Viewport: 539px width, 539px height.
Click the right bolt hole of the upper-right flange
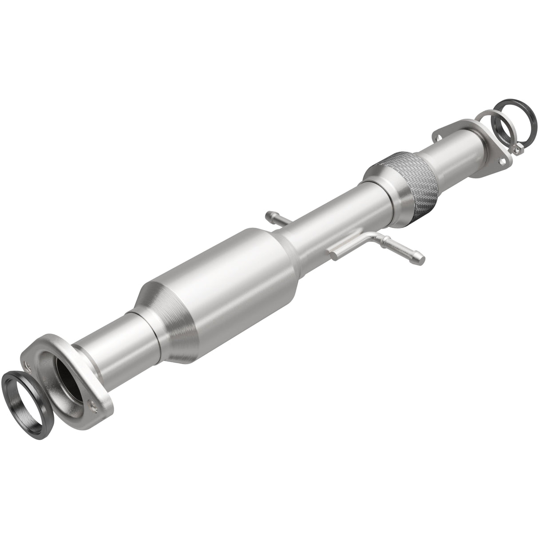502,162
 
